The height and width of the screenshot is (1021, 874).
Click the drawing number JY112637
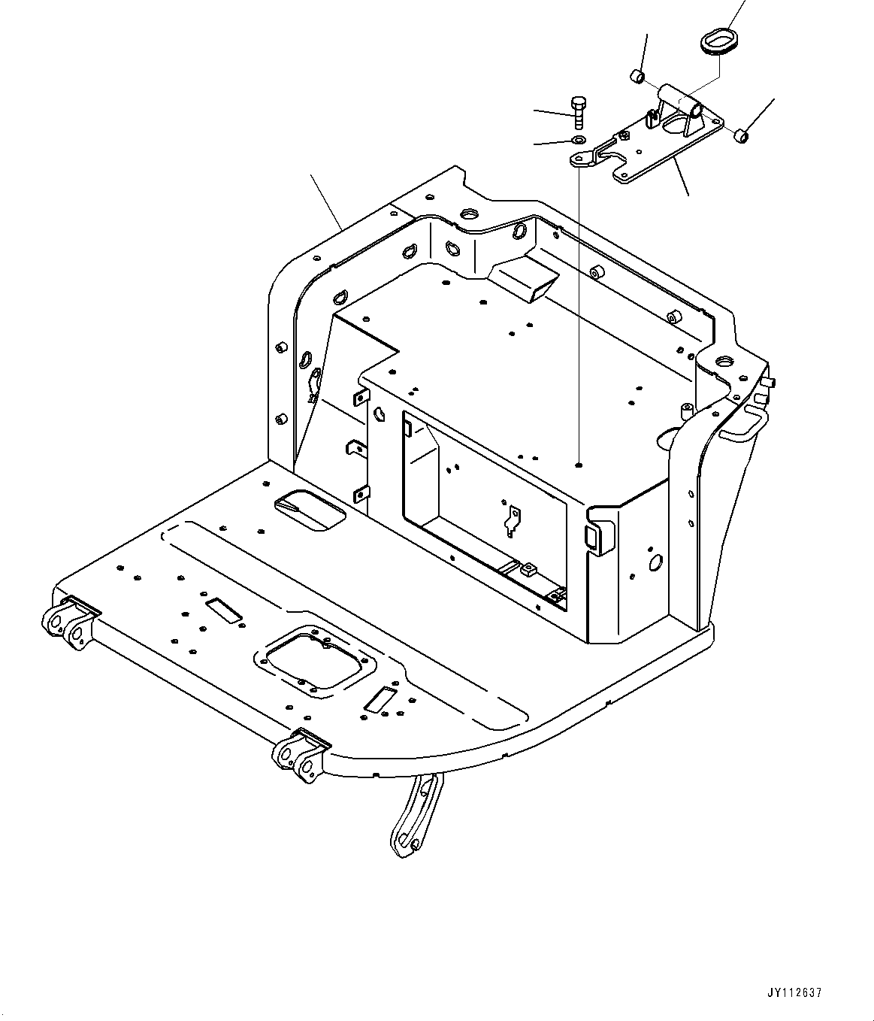click(795, 993)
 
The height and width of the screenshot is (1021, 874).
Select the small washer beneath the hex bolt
click(577, 141)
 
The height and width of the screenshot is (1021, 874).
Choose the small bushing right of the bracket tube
click(740, 136)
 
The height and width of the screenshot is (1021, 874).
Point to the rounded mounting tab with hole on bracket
click(580, 158)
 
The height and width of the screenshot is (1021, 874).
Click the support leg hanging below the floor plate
click(415, 814)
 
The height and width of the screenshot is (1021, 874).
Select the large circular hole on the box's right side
click(655, 559)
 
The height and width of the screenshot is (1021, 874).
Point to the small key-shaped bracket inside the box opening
click(513, 520)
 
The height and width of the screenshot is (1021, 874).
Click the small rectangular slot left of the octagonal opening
click(223, 610)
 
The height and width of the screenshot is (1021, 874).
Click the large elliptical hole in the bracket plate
click(681, 126)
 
